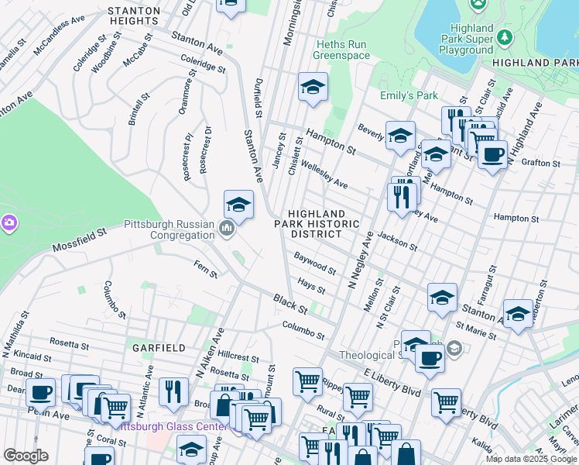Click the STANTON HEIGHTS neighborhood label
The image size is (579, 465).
point(134,15)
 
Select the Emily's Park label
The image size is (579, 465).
point(409,95)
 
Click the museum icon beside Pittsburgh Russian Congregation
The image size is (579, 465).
point(227,229)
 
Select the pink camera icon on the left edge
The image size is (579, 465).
point(9,223)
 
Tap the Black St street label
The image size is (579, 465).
point(290,304)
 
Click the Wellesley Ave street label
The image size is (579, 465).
point(324,177)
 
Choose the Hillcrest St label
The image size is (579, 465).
point(238,357)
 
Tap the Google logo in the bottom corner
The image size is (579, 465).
point(26,456)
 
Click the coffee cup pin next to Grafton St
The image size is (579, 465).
point(492,154)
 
